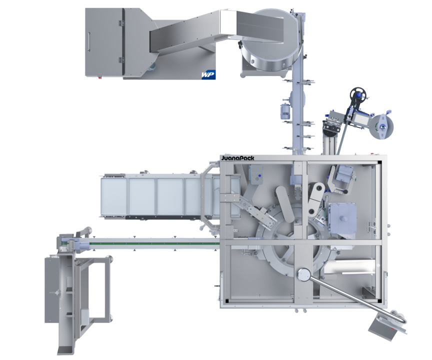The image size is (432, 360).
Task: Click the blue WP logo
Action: pyautogui.click(x=208, y=75)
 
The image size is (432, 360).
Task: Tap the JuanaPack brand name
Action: pyautogui.click(x=238, y=158)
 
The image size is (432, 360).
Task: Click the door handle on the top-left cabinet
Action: pyautogui.click(x=88, y=41)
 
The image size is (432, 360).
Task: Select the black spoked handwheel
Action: pyautogui.click(x=358, y=95)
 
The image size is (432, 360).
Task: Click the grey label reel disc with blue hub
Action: pyautogui.click(x=381, y=126)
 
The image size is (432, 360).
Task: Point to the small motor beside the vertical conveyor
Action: pyautogui.click(x=284, y=111)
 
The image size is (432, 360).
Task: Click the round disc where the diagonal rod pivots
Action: pyautogui.click(x=304, y=275)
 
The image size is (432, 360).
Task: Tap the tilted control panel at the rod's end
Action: pyautogui.click(x=384, y=328)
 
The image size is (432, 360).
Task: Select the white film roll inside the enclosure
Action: pyautogui.click(x=349, y=267)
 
